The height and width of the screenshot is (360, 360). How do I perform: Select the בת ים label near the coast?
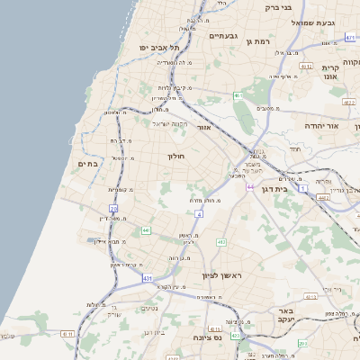pyautogui.click(x=87, y=164)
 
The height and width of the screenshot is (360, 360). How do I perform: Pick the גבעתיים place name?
pyautogui.click(x=223, y=36)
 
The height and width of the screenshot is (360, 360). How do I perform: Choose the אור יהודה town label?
pyautogui.click(x=320, y=126)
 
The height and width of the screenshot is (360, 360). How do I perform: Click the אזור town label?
pyautogui.click(x=203, y=128)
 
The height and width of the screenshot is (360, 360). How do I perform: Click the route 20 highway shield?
pyautogui.click(x=113, y=208)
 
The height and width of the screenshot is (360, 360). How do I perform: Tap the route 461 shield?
pyautogui.click(x=238, y=95)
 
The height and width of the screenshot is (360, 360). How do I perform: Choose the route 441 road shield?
pyautogui.click(x=146, y=230)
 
